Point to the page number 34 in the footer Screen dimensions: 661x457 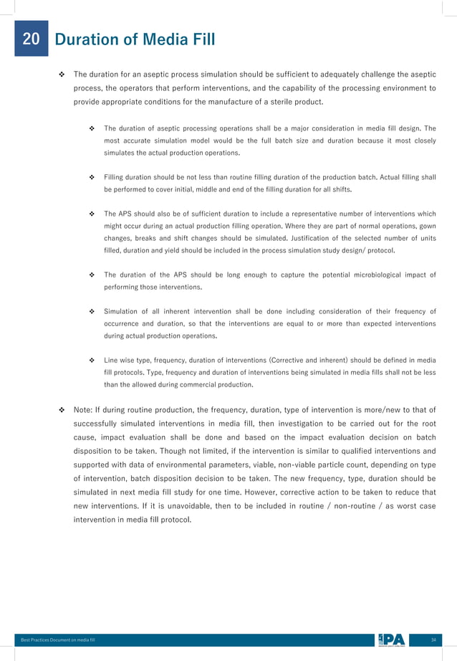(x=433, y=639)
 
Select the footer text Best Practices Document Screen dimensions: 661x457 (x=53, y=639)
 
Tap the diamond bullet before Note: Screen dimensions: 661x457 (x=62, y=409)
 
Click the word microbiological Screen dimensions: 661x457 (x=351, y=275)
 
